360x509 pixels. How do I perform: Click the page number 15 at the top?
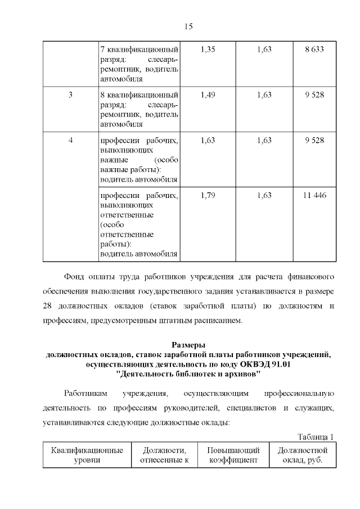[x=188, y=26]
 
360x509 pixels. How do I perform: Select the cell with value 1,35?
[x=208, y=49]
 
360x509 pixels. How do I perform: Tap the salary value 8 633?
[x=314, y=49]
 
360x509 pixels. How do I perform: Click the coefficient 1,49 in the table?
[x=208, y=94]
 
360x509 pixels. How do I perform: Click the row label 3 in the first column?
[x=70, y=94]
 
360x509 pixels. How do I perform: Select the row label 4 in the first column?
[x=70, y=140]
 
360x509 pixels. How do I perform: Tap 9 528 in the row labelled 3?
[x=314, y=94]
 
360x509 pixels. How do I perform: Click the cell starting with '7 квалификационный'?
[x=139, y=64]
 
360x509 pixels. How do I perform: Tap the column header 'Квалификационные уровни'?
[x=87, y=456]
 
